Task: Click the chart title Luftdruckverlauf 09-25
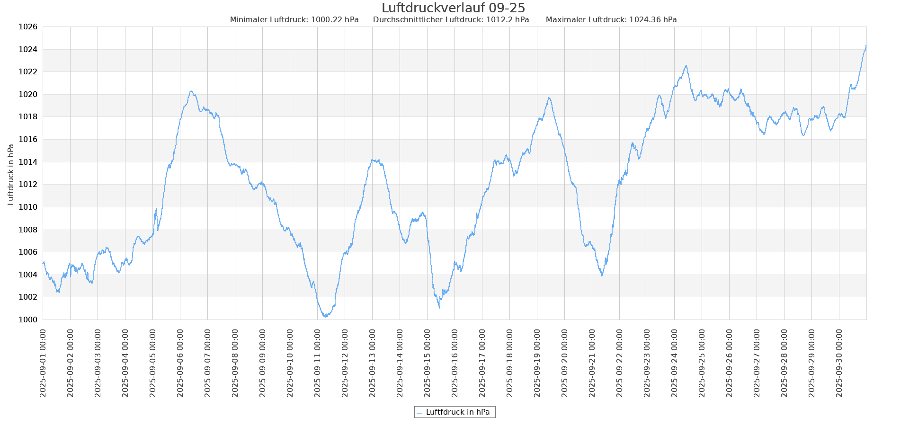tap(453, 8)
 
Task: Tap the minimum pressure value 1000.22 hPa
tap(334, 20)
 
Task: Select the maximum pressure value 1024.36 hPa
tap(652, 20)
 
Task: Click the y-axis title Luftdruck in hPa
tap(11, 174)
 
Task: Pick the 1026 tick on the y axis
tap(27, 27)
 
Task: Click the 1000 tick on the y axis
tap(27, 320)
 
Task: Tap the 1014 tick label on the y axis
tap(27, 162)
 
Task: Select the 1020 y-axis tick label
tap(27, 95)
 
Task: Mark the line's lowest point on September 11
tap(325, 316)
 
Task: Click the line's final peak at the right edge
tap(866, 46)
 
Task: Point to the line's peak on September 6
tap(191, 91)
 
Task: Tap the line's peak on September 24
tap(686, 66)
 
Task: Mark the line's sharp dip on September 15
tap(439, 308)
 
